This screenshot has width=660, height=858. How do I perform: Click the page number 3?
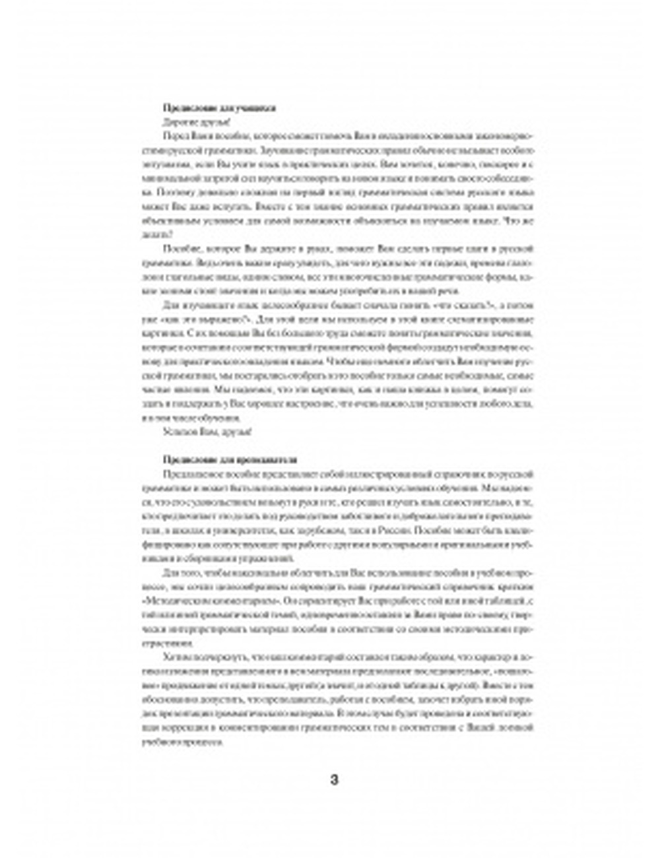[333, 779]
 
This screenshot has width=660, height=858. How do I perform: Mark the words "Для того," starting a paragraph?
[178, 572]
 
